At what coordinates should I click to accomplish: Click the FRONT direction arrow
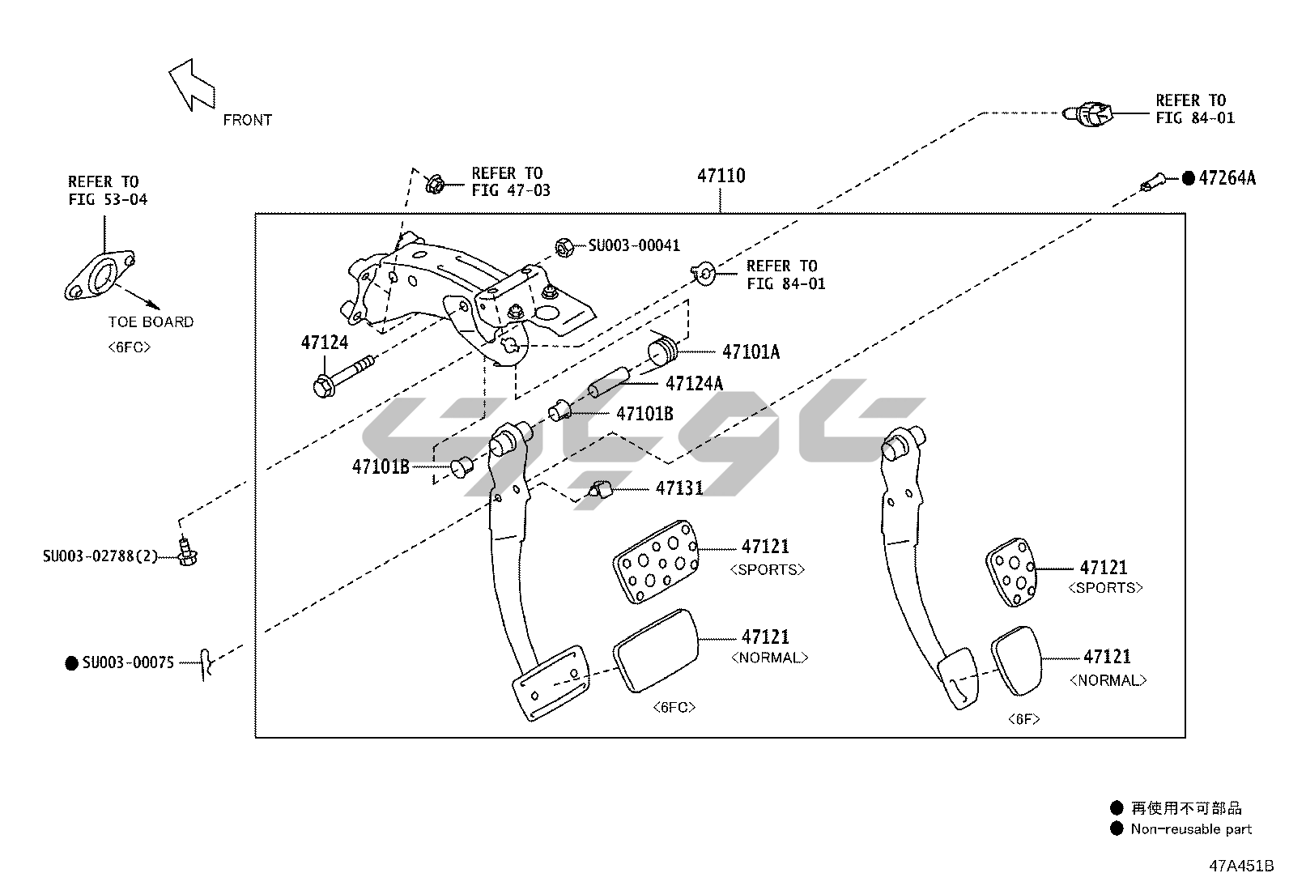tap(191, 84)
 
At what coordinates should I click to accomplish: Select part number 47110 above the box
tap(721, 176)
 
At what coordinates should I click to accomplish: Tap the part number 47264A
tap(1227, 178)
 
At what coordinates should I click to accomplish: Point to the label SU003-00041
tap(633, 245)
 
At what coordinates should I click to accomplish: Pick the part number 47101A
tap(751, 351)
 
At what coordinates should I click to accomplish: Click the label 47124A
tap(694, 383)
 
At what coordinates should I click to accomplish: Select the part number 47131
tap(679, 488)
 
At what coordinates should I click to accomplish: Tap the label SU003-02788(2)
tap(100, 556)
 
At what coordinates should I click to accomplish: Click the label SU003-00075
tap(128, 662)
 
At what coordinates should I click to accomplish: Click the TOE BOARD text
tap(151, 322)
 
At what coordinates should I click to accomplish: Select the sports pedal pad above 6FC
tap(656, 561)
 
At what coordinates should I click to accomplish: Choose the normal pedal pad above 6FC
tap(656, 649)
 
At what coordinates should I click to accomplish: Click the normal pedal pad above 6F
tap(1016, 659)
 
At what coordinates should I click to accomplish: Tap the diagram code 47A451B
tap(1241, 865)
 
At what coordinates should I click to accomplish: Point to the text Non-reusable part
tap(1191, 828)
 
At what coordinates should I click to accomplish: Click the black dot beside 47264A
tap(1188, 178)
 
